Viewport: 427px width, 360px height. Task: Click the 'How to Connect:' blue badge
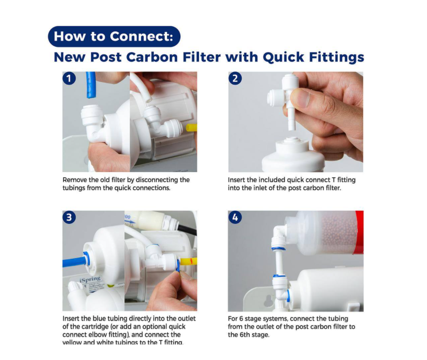tap(114, 36)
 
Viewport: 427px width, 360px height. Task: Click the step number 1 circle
tap(68, 79)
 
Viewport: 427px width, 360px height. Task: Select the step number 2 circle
tap(235, 79)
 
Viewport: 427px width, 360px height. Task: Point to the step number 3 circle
tap(68, 217)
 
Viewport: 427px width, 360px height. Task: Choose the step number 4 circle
tap(235, 217)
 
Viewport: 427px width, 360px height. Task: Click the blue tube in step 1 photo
tap(91, 84)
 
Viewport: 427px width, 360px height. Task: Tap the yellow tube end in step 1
tap(192, 128)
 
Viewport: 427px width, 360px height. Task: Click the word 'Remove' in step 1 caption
tap(75, 180)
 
